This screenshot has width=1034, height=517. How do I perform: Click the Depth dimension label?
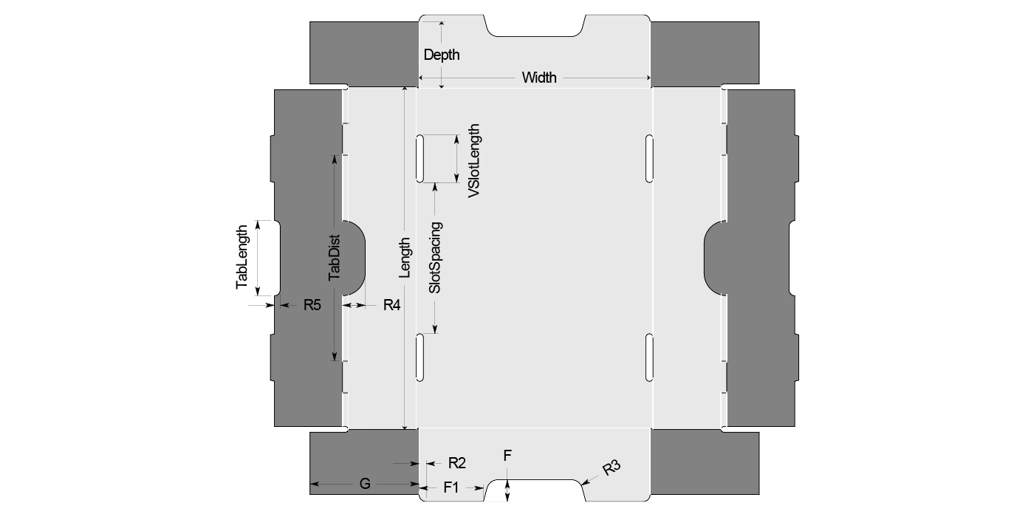[442, 55]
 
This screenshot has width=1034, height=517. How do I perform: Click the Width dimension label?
[539, 78]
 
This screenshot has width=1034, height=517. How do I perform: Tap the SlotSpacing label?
[435, 258]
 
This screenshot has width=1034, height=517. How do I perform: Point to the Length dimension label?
[405, 258]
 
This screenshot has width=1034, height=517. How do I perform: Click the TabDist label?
[335, 258]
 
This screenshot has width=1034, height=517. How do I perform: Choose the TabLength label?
[242, 257]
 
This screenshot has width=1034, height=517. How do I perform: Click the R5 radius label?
[312, 304]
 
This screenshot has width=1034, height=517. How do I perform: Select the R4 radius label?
[391, 304]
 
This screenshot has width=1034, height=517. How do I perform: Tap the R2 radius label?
[457, 463]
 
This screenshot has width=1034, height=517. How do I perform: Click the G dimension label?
[365, 485]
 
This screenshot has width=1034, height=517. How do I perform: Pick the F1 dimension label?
[451, 487]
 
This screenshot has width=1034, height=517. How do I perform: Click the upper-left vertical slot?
[420, 158]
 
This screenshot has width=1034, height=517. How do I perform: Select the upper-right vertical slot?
[649, 158]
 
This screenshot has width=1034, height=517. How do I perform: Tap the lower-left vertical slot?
[420, 357]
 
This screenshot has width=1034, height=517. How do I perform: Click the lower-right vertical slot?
[649, 357]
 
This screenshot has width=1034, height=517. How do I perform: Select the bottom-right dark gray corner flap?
[705, 463]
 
